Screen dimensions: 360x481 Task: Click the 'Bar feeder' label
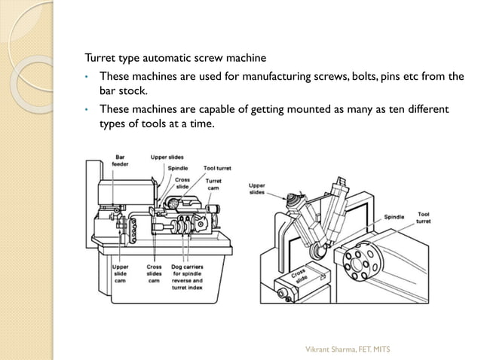120,160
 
